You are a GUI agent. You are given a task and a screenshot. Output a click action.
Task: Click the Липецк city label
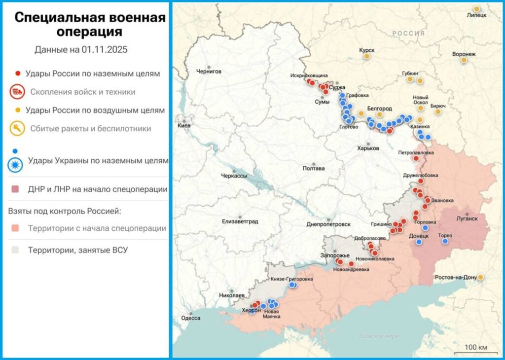pos(476,15)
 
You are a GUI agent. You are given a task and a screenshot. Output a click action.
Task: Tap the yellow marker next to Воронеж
pos(464,60)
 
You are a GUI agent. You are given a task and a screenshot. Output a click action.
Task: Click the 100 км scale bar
pos(476,348)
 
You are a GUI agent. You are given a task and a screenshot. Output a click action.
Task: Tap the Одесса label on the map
pos(191,318)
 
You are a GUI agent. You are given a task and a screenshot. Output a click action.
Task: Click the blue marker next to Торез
pos(445,241)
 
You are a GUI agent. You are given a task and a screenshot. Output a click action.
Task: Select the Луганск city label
pos(467,217)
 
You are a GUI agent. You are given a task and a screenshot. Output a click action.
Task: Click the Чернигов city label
pos(209,71)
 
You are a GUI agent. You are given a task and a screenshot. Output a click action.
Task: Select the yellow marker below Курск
pos(366,56)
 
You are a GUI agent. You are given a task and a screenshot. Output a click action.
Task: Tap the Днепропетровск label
pos(328,224)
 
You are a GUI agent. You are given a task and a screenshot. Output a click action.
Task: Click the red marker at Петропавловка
pos(416,159)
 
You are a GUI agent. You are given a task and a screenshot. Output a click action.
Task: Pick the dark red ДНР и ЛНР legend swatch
pos(17,189)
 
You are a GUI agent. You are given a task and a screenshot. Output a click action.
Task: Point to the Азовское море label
pos(378,336)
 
